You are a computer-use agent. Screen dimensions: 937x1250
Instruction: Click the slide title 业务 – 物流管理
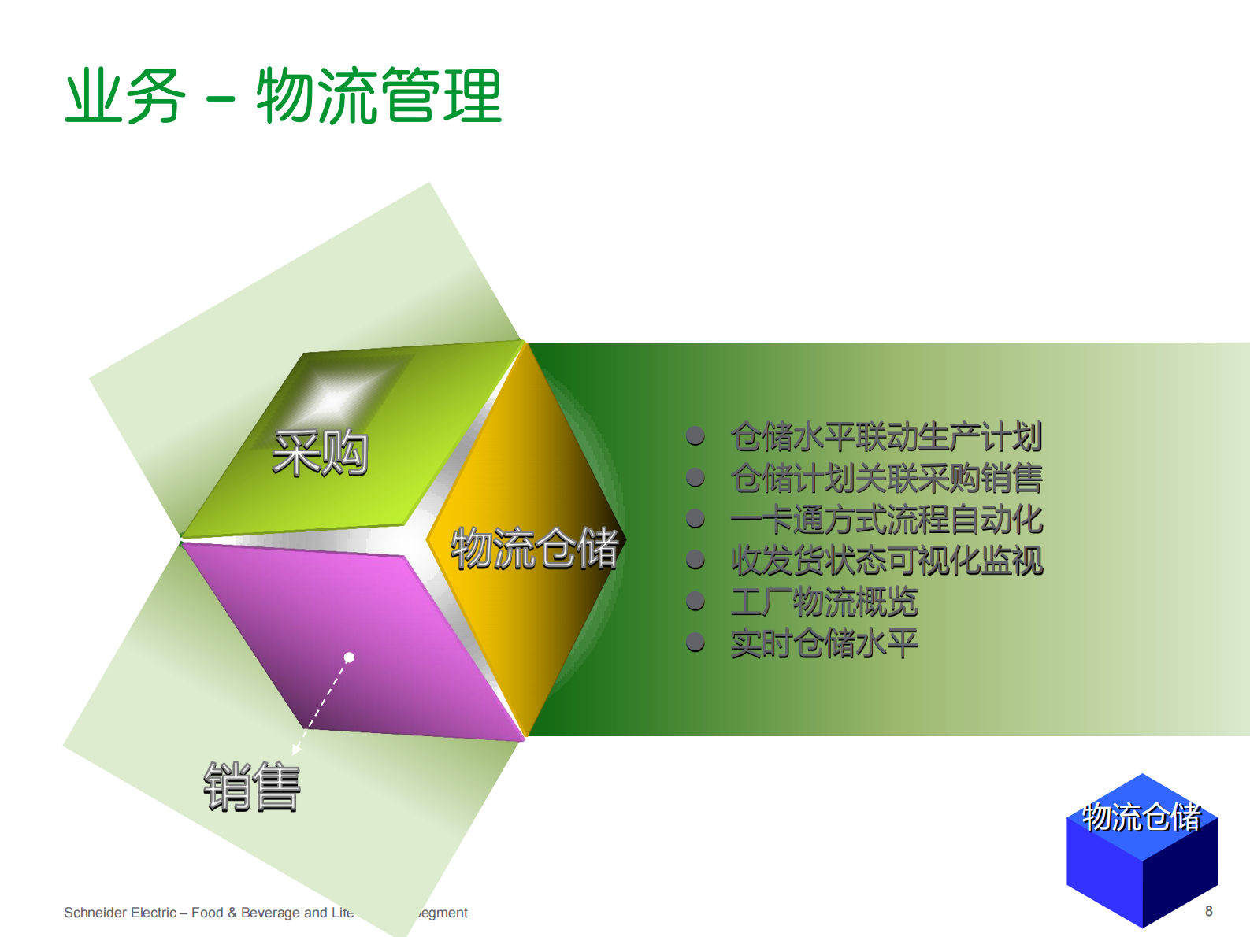click(283, 96)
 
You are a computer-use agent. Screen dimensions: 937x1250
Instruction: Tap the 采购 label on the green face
click(320, 454)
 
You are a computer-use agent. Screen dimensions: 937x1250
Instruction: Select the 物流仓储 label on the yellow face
click(534, 548)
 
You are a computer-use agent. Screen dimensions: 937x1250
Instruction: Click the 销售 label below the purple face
click(252, 786)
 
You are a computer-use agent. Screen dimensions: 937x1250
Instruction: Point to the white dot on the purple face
click(349, 657)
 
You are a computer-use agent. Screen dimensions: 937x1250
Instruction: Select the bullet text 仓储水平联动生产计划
click(886, 437)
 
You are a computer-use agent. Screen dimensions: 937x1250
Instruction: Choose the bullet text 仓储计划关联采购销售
click(886, 478)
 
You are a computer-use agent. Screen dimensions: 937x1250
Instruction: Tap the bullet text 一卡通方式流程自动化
click(886, 520)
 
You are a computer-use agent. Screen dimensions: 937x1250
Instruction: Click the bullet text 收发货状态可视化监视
click(886, 561)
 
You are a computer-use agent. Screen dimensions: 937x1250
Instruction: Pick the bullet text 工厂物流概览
click(824, 602)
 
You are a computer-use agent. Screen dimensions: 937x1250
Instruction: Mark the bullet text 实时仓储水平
click(824, 643)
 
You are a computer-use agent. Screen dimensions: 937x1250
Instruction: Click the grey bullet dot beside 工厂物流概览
click(695, 602)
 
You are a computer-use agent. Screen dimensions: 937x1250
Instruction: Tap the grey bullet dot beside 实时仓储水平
click(695, 643)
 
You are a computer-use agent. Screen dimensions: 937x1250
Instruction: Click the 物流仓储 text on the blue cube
click(1141, 817)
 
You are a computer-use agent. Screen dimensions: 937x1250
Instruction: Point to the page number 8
click(1208, 911)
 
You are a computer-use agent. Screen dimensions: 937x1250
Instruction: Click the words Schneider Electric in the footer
click(120, 913)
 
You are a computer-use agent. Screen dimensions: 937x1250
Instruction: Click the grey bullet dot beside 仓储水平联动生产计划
click(695, 436)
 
